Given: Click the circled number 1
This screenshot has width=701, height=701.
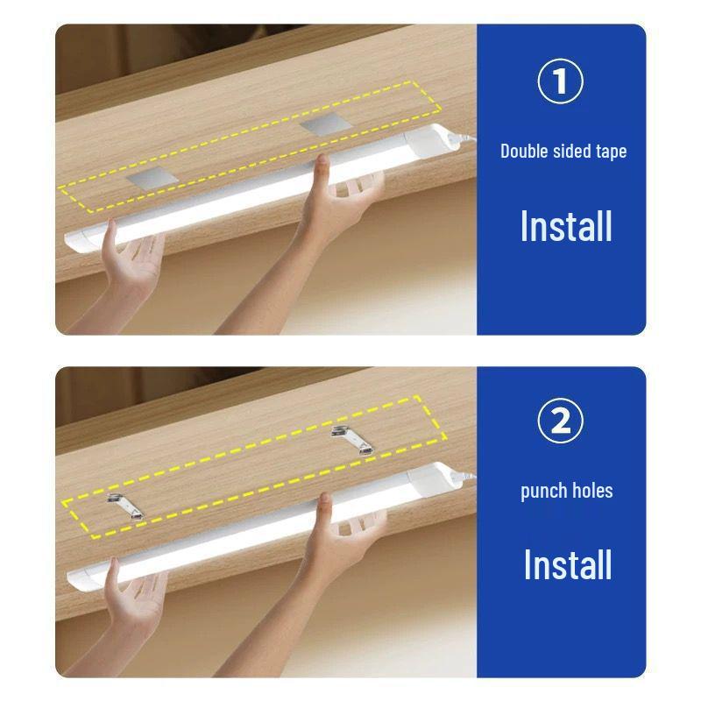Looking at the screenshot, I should pyautogui.click(x=560, y=81).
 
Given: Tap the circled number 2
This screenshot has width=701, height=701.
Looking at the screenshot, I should pyautogui.click(x=560, y=421).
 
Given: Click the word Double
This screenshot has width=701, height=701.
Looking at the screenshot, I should pyautogui.click(x=528, y=151).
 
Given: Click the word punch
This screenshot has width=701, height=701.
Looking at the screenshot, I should pyautogui.click(x=542, y=491).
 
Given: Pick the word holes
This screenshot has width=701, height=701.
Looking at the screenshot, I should pyautogui.click(x=591, y=491).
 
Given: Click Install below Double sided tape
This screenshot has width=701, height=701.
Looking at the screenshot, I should pyautogui.click(x=565, y=226).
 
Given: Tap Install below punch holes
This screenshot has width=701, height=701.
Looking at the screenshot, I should pyautogui.click(x=567, y=565).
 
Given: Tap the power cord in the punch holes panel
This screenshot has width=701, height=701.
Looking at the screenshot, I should pyautogui.click(x=464, y=478).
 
